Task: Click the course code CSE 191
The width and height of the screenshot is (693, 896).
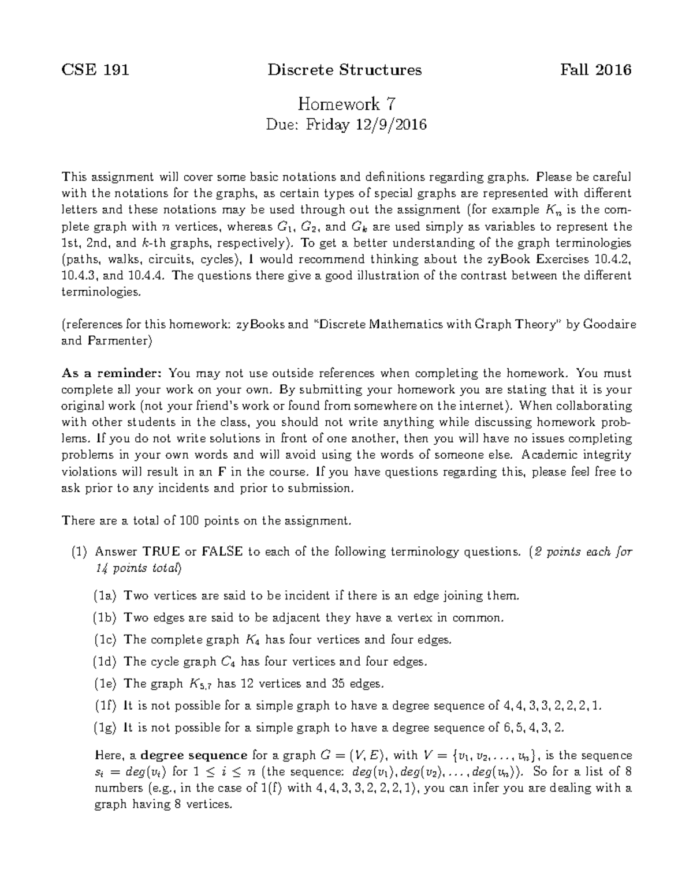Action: tap(95, 70)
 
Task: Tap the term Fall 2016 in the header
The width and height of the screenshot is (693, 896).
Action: tap(596, 70)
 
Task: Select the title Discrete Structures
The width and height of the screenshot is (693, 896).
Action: tap(345, 70)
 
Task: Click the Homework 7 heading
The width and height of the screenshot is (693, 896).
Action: tap(346, 104)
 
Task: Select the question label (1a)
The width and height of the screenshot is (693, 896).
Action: tap(106, 595)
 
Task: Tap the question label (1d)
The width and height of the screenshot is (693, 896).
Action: tap(106, 661)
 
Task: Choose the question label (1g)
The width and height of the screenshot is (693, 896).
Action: tap(106, 728)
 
